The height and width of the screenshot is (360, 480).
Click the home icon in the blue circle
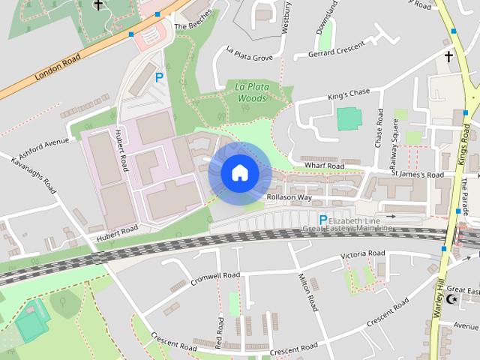239,173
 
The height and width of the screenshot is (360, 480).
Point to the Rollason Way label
289,197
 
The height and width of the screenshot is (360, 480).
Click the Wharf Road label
324,165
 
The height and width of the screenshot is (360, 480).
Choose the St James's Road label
418,175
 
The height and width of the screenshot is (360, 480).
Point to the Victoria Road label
362,255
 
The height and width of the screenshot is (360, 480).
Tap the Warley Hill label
439,307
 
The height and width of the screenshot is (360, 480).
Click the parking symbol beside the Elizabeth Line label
323,220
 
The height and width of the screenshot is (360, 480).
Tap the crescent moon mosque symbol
451,299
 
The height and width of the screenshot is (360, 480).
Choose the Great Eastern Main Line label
347,228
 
